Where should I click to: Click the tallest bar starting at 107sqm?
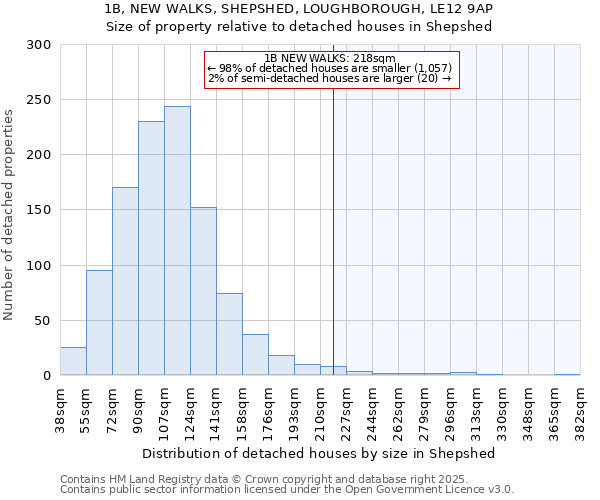[177, 241]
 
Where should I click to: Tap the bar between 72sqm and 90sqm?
[125, 281]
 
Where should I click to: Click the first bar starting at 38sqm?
[73, 361]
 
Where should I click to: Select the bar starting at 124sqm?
[203, 291]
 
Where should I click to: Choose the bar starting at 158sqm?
[255, 355]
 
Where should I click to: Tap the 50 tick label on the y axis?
[42, 321]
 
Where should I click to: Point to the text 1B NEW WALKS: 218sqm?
[331, 58]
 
